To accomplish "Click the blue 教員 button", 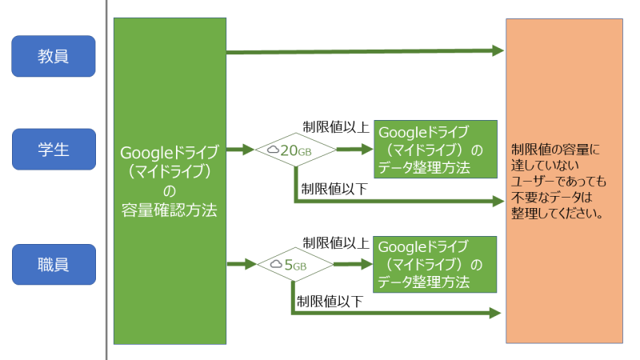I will click(x=54, y=56).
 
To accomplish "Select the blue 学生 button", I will click(x=54, y=150).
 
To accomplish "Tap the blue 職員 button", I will click(x=54, y=264).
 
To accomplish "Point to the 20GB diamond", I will click(x=295, y=150).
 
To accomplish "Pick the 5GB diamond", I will click(x=290, y=264).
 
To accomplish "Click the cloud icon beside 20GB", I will click(x=274, y=150).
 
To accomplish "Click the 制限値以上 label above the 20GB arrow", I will click(x=335, y=128).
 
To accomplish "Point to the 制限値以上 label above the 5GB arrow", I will click(x=335, y=242).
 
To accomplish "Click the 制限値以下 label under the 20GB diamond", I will click(x=334, y=189).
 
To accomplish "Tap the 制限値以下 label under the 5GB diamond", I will click(x=330, y=302).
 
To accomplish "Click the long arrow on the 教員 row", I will click(x=364, y=52).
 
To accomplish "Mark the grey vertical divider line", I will click(x=106, y=180).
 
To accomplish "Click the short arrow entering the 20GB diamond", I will click(x=239, y=150).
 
